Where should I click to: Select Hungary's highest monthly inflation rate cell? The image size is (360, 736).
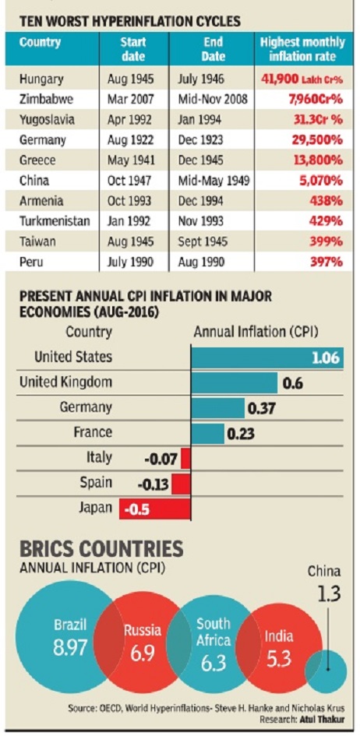pyautogui.click(x=302, y=79)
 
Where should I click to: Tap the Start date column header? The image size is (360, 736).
pyautogui.click(x=133, y=50)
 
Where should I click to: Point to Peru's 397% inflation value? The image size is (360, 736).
pyautogui.click(x=326, y=261)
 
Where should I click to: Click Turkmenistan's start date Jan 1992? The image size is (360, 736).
pyautogui.click(x=130, y=221)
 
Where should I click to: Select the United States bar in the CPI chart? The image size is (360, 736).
pyautogui.click(x=267, y=357)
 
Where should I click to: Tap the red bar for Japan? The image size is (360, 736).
pyautogui.click(x=155, y=509)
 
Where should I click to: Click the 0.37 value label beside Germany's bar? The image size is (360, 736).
pyautogui.click(x=260, y=408)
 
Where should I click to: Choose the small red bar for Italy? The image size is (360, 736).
pyautogui.click(x=185, y=459)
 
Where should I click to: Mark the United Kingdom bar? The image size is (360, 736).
pyautogui.click(x=234, y=383)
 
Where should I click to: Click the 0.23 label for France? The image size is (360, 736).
pyautogui.click(x=240, y=434)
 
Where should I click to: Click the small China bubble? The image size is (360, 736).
pyautogui.click(x=326, y=672)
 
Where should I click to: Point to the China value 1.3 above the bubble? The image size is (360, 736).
pyautogui.click(x=324, y=593)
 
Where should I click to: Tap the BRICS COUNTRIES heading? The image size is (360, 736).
pyautogui.click(x=101, y=549)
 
